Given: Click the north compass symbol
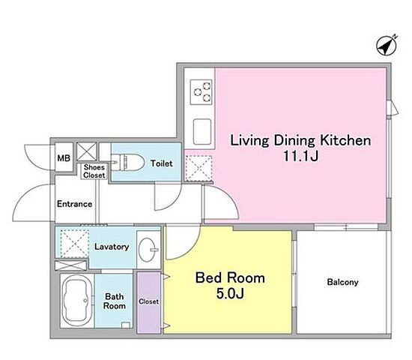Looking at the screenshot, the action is tap(387, 46).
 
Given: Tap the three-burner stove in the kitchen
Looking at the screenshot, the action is tap(202, 92).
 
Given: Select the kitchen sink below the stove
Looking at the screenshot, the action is tap(202, 131).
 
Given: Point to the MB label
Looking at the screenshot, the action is tap(64, 158).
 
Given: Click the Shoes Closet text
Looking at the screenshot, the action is tap(94, 171).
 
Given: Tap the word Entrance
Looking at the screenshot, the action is tap(75, 204).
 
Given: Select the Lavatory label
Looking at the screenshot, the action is tap(112, 247).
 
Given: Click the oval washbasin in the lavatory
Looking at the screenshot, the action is tap(148, 250).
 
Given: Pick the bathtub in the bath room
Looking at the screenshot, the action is tap(76, 301).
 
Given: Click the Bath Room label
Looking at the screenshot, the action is tap(115, 301).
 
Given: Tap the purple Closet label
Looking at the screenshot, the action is tap(149, 301).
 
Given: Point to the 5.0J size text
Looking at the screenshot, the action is tap(230, 293).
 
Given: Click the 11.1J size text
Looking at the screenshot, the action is tap(301, 156).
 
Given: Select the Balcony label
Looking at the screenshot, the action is tap(342, 282).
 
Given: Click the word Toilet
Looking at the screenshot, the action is tap(161, 163).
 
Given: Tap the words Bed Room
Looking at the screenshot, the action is tap(230, 278).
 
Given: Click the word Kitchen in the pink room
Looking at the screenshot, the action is tap(345, 140).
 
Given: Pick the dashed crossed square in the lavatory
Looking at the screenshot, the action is tap(75, 244).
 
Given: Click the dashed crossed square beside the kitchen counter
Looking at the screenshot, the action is tap(199, 169).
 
